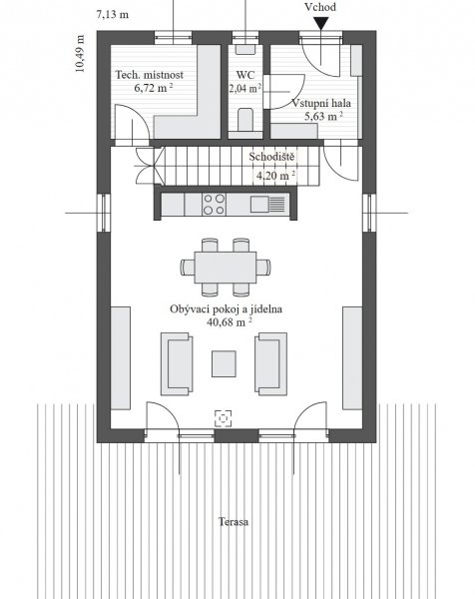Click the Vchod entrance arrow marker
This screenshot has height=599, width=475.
pos(320,23)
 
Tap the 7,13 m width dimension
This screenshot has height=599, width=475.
pos(112,15)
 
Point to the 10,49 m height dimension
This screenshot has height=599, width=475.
pos(80,54)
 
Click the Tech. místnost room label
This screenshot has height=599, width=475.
pos(150,75)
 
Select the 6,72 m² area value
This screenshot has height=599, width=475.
pos(154,88)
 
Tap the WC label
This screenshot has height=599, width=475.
pos(245,75)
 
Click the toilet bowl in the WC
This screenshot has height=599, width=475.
pos(245,120)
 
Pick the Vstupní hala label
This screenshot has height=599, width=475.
pos(321,103)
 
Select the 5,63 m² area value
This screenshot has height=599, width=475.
pos(323,116)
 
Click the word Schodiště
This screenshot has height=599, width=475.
pos(271,157)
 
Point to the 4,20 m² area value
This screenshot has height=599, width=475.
pos(275,176)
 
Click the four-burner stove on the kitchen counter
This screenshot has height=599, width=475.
pos(214,205)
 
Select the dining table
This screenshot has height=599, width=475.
pos(226,267)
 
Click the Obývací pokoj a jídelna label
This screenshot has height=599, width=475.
pos(227,309)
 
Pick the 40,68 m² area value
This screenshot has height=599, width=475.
pos(230,322)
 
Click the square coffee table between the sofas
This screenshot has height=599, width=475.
pos(224,364)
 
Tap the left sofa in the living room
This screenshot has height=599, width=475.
pos(177,363)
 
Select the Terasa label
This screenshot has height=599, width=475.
pos(234,522)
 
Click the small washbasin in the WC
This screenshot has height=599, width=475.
pos(244,49)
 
